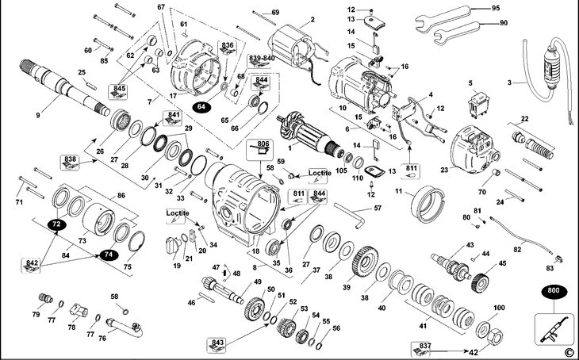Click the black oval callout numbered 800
click(554, 290)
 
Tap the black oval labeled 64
click(201, 107)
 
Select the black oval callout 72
click(56, 224)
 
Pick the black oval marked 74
click(108, 255)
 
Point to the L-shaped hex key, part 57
click(350, 215)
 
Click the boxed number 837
click(420, 349)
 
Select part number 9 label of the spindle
click(38, 116)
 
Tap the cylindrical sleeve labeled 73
click(98, 220)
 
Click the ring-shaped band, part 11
click(428, 204)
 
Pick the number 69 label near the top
click(275, 12)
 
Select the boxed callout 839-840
click(262, 61)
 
